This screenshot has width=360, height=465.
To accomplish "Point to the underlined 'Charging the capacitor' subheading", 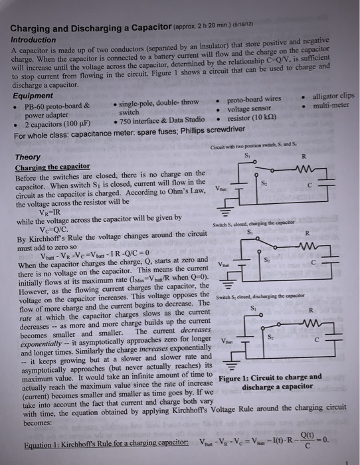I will (52, 166).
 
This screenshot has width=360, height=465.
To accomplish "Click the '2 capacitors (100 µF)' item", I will (58, 124).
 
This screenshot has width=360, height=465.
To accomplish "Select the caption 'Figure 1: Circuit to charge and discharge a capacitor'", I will (273, 381).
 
